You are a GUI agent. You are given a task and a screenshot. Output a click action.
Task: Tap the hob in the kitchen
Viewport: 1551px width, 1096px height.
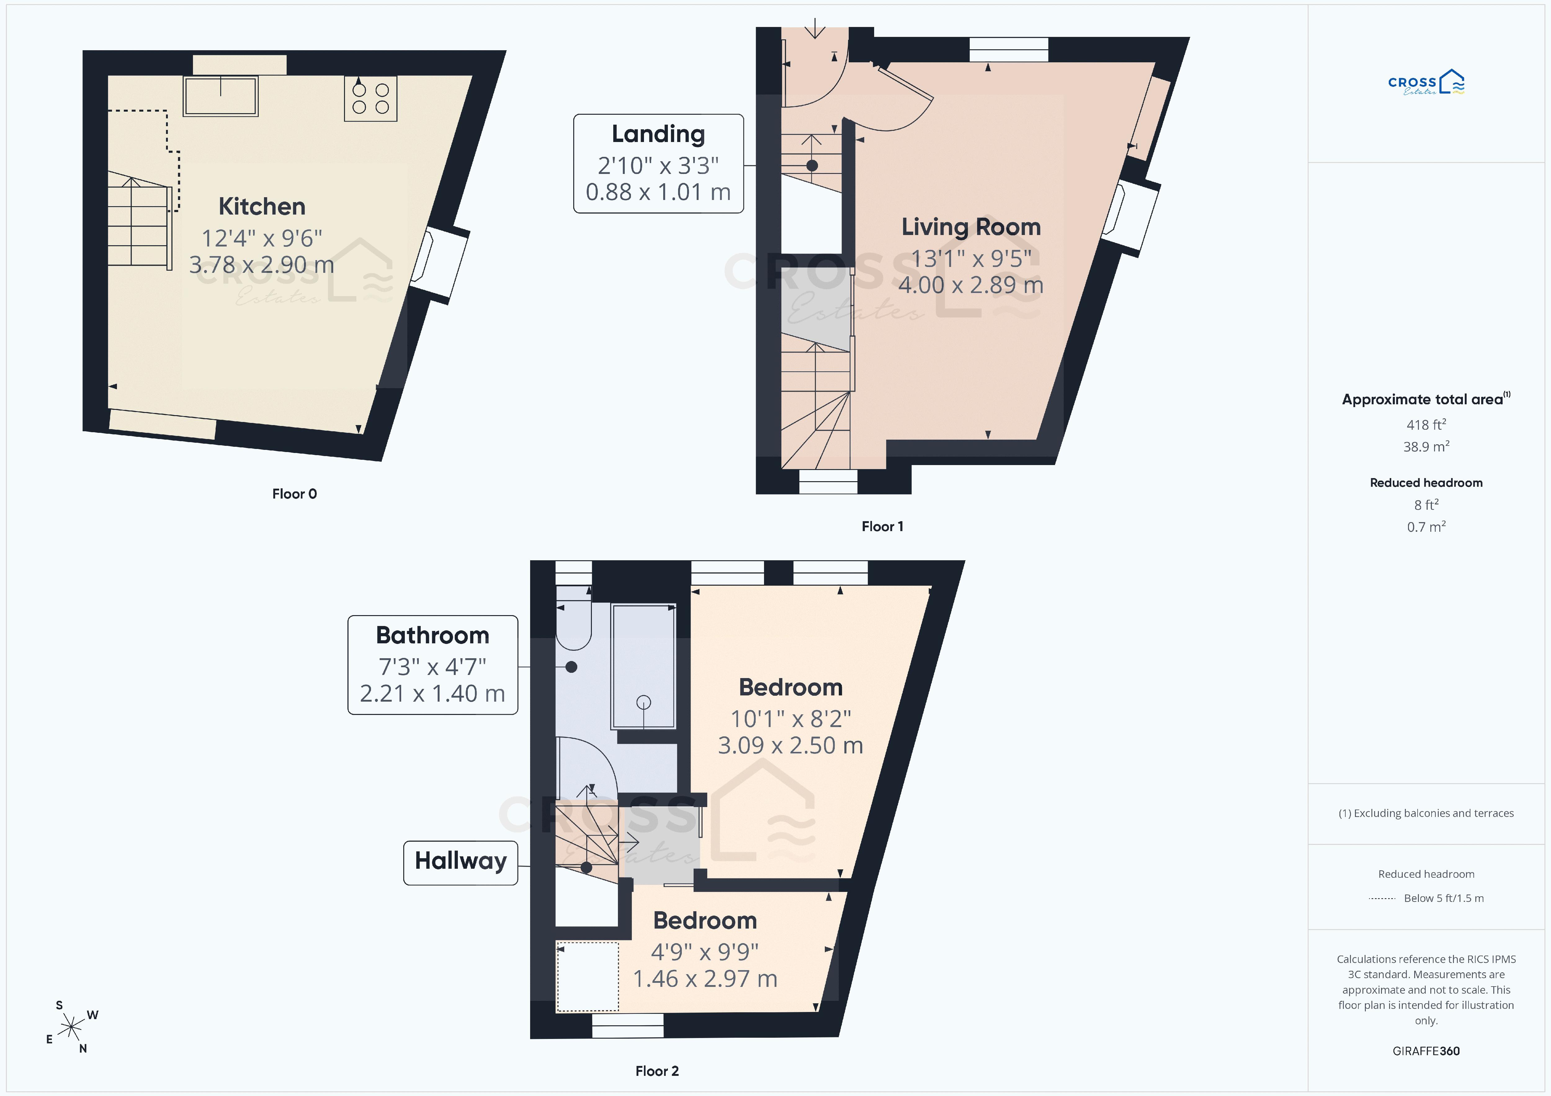click(370, 99)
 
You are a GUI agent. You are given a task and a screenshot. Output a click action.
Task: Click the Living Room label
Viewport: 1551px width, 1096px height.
click(971, 227)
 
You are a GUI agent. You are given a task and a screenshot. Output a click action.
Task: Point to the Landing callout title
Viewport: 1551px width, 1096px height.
click(658, 134)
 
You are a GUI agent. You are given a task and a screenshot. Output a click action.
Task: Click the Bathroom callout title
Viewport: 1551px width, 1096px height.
click(432, 636)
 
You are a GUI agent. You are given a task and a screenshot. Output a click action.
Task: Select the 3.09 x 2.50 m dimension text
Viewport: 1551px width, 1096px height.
click(790, 746)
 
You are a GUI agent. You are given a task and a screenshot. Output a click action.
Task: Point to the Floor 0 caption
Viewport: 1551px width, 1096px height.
click(294, 494)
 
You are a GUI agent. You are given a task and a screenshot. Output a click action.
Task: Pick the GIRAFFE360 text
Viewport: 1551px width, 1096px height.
click(1426, 1051)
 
